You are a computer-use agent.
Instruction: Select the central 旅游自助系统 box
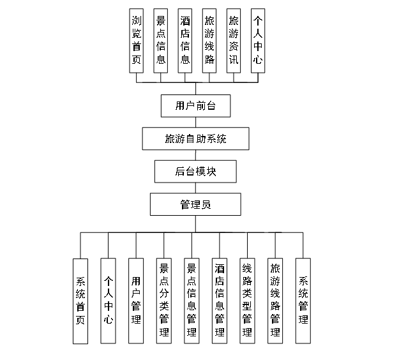click(x=195, y=139)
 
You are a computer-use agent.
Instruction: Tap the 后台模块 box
click(x=196, y=171)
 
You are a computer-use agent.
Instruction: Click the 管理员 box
click(x=196, y=204)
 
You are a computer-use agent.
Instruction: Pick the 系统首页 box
click(x=80, y=301)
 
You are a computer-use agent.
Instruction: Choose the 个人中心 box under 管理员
click(x=108, y=301)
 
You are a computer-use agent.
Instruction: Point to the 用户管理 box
click(x=136, y=301)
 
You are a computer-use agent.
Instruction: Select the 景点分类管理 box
click(x=164, y=301)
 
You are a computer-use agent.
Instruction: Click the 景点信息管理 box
click(x=192, y=301)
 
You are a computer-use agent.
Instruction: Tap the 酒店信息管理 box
click(x=220, y=301)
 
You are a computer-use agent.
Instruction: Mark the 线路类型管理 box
click(x=248, y=301)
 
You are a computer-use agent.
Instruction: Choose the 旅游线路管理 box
click(x=275, y=301)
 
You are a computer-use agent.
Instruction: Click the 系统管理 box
click(x=303, y=301)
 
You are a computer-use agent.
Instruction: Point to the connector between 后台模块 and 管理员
click(x=196, y=188)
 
